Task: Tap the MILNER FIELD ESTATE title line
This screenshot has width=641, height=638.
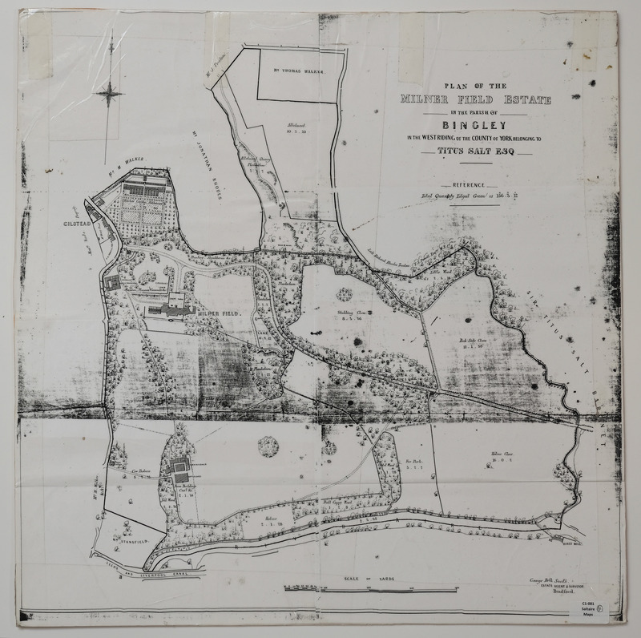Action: point(478,99)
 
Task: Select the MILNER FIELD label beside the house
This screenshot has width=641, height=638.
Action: point(221,313)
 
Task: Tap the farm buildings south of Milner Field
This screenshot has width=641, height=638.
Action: point(179,465)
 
